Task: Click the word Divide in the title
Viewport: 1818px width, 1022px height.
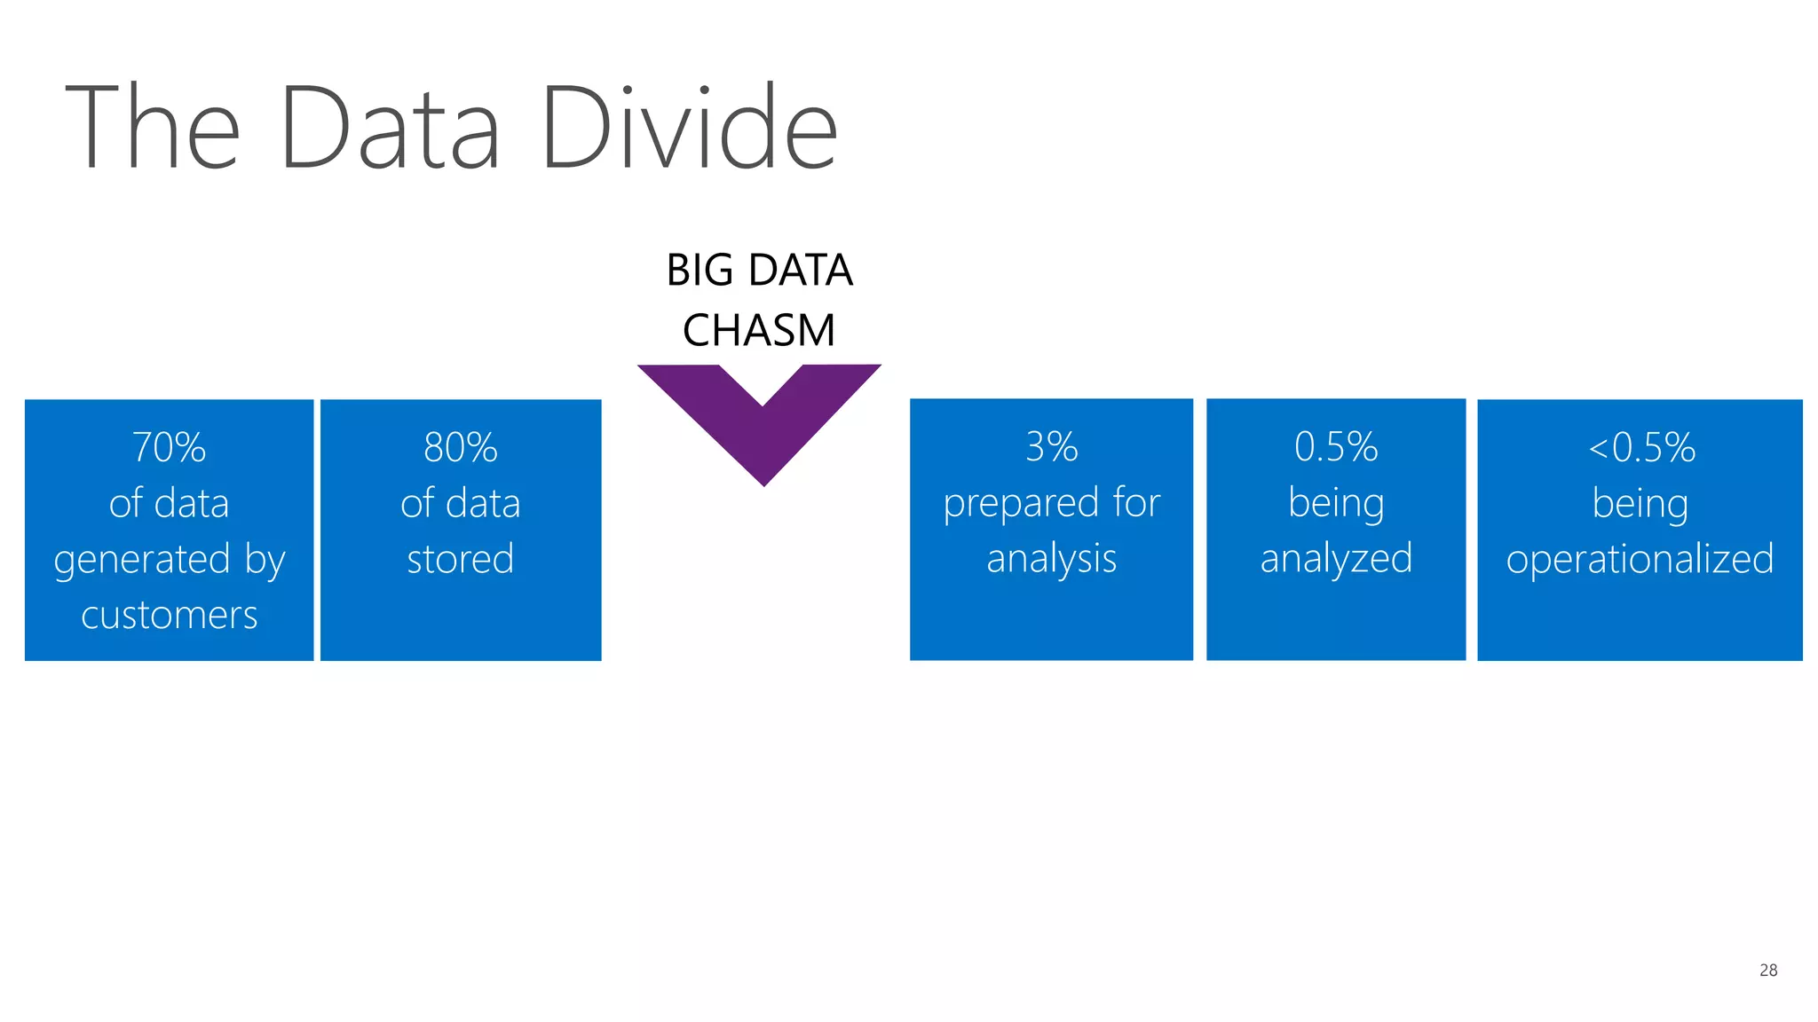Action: pyautogui.click(x=689, y=127)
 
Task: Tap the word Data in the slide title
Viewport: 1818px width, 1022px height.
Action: pyautogui.click(x=390, y=127)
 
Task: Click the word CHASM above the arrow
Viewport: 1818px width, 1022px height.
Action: pyautogui.click(x=759, y=330)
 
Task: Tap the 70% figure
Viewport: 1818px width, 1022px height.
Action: pyautogui.click(x=169, y=447)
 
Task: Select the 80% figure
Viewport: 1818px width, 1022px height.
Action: pyautogui.click(x=460, y=447)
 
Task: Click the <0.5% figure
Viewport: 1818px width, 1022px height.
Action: pyautogui.click(x=1640, y=447)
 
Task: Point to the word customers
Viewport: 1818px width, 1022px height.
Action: pyautogui.click(x=169, y=615)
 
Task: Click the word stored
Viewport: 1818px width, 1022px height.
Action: pyautogui.click(x=460, y=559)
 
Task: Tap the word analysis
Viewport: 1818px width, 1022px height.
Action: pyautogui.click(x=1051, y=559)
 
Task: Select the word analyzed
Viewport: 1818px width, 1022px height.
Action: pyautogui.click(x=1336, y=559)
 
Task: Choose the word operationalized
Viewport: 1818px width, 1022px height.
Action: pyautogui.click(x=1640, y=559)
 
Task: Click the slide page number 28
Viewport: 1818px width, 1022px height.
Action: pyautogui.click(x=1767, y=970)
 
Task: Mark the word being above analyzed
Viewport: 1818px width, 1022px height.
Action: pyautogui.click(x=1336, y=504)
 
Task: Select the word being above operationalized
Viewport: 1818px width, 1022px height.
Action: pyautogui.click(x=1640, y=504)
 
